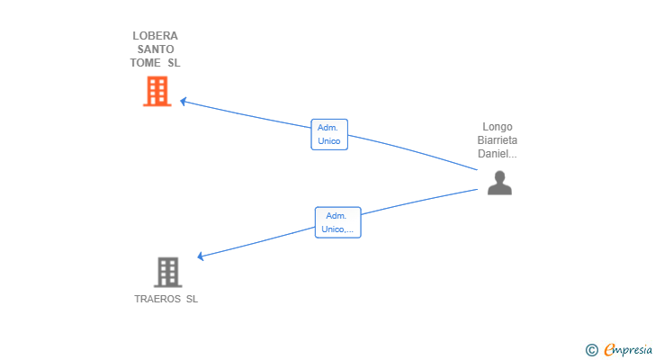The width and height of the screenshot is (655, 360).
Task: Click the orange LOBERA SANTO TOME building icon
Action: tap(157, 91)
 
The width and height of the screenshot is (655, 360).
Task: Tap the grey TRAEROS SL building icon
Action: tap(167, 272)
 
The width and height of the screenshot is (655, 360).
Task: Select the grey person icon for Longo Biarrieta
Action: tap(499, 184)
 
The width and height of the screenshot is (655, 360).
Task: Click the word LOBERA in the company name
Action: tap(156, 36)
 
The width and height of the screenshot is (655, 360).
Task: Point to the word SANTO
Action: tap(156, 49)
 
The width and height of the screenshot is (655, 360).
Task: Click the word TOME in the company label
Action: tap(146, 63)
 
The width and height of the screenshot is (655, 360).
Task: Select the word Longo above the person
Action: tap(498, 127)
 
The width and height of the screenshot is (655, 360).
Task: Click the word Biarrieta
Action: tap(498, 140)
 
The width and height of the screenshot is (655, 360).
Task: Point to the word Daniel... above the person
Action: tap(498, 154)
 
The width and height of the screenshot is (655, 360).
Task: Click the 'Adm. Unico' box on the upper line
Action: tap(329, 135)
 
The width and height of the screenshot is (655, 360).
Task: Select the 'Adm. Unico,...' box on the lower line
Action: tap(337, 222)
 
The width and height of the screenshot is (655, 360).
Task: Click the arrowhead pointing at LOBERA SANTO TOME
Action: tap(184, 101)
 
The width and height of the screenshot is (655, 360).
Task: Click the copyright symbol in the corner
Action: tap(591, 350)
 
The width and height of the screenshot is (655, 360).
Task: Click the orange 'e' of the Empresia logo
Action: tap(609, 350)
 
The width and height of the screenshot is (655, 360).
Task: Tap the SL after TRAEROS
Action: tap(192, 299)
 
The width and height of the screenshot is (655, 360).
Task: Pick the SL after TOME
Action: tap(174, 63)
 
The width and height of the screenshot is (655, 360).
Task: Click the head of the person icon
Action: tap(499, 176)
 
